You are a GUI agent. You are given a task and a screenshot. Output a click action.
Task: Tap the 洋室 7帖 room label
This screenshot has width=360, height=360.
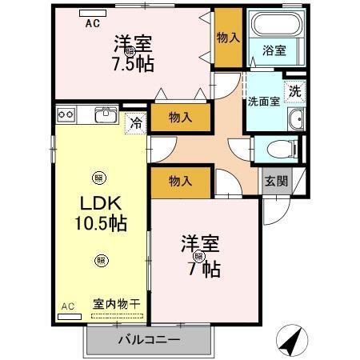(x=200, y=256)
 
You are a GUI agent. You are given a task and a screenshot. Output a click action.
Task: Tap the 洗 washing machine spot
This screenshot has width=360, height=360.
(x=294, y=91)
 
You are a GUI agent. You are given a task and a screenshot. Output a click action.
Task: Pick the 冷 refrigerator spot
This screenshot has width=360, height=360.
(x=137, y=125)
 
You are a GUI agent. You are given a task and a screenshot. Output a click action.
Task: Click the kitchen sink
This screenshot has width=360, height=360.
(x=106, y=115)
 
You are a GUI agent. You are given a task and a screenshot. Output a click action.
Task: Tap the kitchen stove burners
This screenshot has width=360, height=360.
(x=66, y=115)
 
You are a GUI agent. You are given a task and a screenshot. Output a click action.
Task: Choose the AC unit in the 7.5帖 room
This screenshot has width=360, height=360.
(x=93, y=14)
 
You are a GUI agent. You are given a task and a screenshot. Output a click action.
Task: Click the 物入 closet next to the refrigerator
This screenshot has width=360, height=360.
(x=181, y=118)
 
